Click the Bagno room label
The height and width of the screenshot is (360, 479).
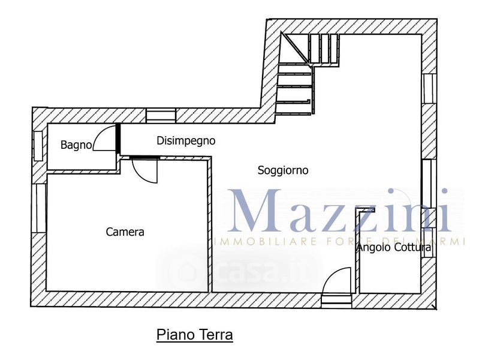pos(76,145)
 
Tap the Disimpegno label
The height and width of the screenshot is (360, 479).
pos(186,141)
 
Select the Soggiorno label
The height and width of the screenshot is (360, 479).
pos(283,170)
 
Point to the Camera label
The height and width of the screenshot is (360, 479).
pos(125,232)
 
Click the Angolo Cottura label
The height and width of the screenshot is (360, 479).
pos(394,247)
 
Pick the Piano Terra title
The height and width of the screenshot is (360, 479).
pos(194,334)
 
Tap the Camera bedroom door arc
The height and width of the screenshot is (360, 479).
pos(144,171)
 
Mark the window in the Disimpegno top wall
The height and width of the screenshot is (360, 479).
pos(161,116)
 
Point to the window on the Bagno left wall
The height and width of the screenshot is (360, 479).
pos(38,145)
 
